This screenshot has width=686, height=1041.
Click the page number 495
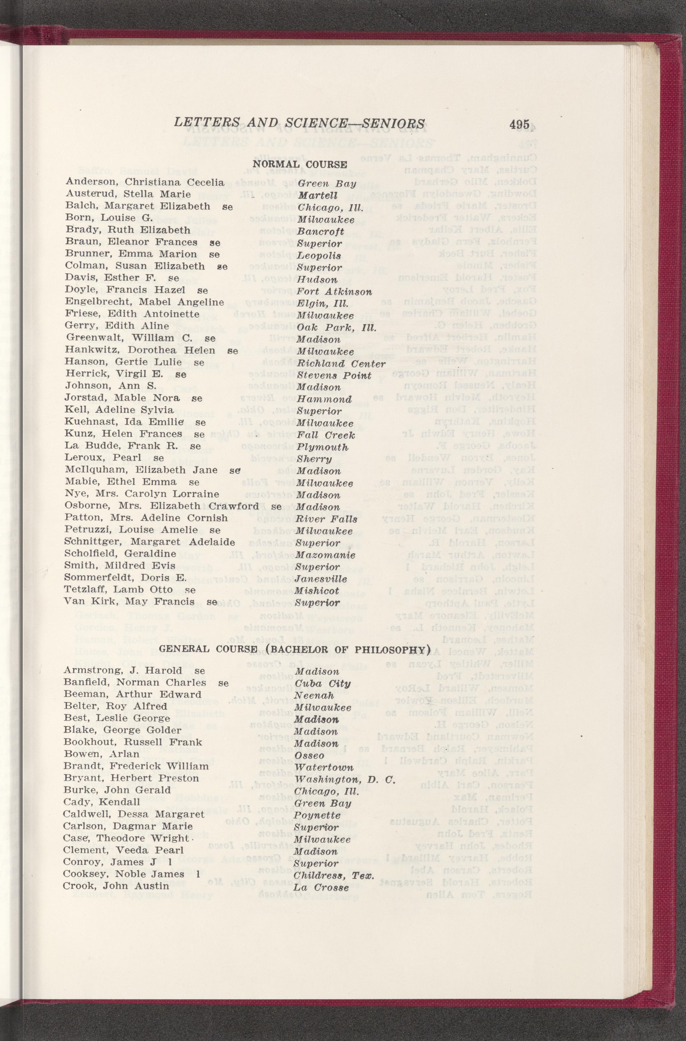519,124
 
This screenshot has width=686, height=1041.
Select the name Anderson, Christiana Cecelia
145,182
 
